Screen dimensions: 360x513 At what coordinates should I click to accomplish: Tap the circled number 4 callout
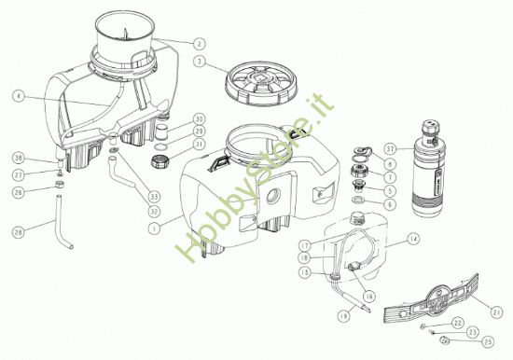[19, 95]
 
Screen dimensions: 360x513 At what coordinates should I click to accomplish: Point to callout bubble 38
[19, 159]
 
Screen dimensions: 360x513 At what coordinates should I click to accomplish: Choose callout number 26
[19, 193]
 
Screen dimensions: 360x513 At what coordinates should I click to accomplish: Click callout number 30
[199, 119]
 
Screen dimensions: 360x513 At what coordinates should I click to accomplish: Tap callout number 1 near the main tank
[154, 225]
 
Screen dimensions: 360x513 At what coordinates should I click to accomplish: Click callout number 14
[413, 240]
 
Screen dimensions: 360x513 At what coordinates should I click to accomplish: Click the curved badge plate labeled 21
[436, 302]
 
